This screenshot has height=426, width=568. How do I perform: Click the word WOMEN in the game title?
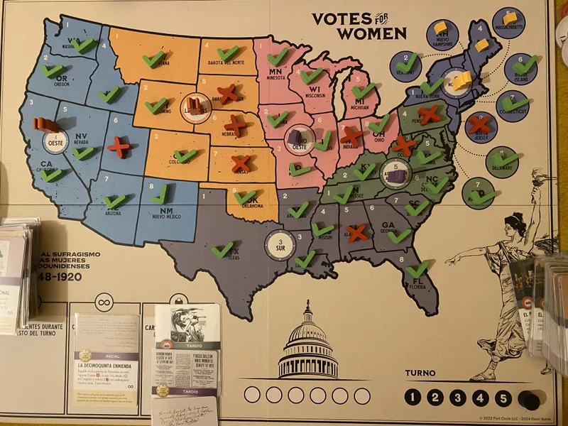(x=371, y=33)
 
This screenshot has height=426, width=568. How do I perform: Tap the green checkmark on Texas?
(x=222, y=249)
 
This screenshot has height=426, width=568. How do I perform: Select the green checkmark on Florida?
(x=418, y=268)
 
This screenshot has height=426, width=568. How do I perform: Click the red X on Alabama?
(x=356, y=232)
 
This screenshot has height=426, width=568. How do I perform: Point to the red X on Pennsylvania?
(x=429, y=113)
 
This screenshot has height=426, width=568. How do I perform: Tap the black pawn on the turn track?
(x=528, y=400)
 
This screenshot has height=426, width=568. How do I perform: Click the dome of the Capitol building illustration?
(x=308, y=334)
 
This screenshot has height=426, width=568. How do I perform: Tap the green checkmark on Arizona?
(x=114, y=201)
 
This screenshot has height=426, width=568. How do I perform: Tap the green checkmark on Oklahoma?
(x=245, y=196)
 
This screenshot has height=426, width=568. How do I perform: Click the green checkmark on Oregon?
(x=52, y=70)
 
